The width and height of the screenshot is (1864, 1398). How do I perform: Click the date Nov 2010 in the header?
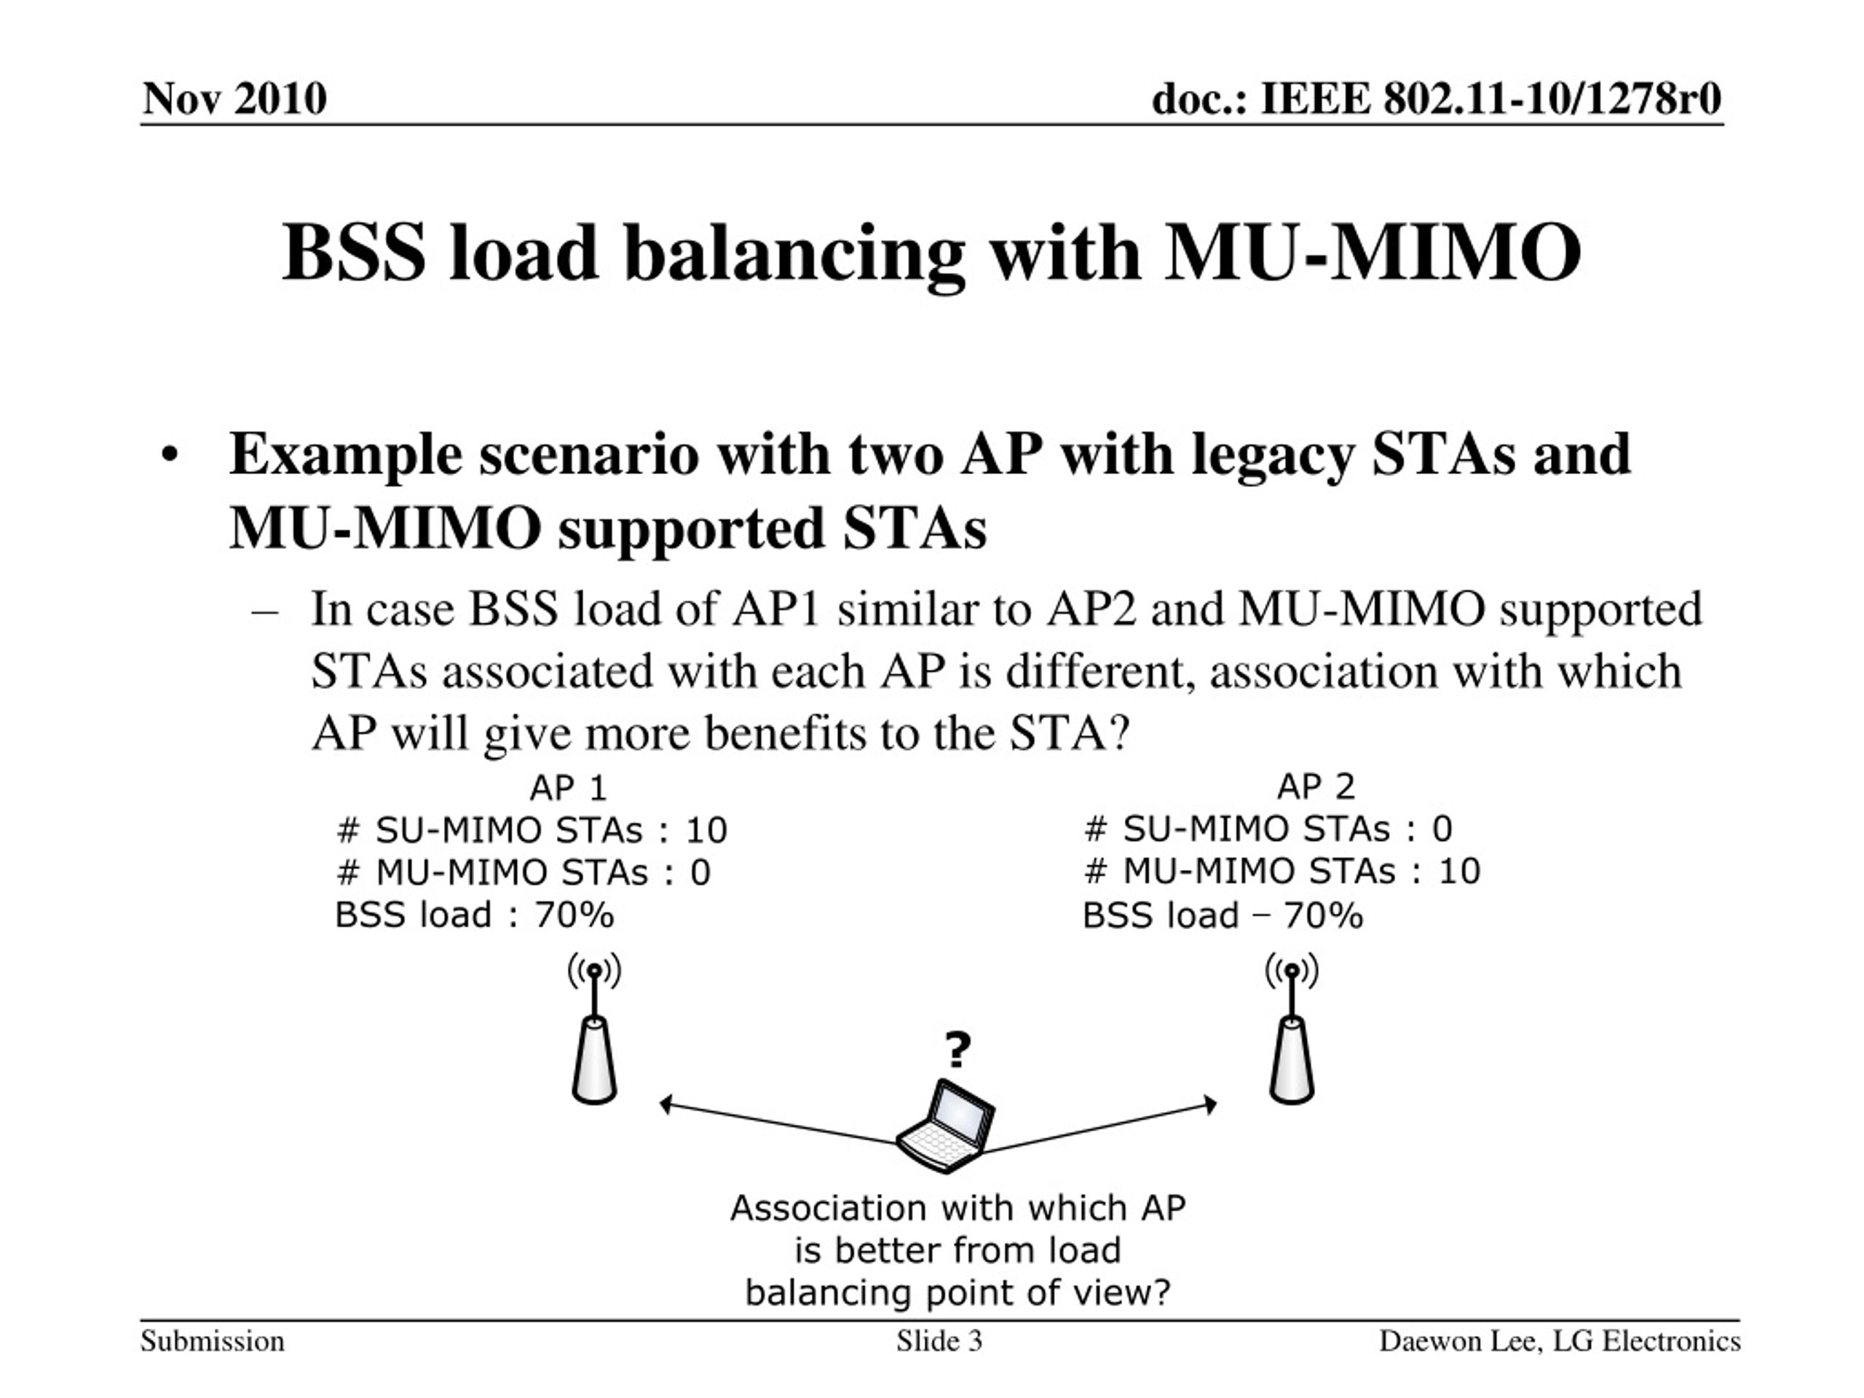(x=234, y=98)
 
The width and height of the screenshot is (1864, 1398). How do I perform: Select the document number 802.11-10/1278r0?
(x=1552, y=98)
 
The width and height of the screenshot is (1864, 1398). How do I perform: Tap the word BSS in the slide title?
(x=354, y=252)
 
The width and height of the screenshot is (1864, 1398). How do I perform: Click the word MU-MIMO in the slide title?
(x=1372, y=252)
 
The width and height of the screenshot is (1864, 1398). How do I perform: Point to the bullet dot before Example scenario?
(x=170, y=455)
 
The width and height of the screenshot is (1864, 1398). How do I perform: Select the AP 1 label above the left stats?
(x=568, y=788)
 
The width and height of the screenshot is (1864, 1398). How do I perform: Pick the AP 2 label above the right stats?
(x=1316, y=786)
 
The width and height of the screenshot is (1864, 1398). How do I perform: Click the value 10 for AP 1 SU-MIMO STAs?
(x=706, y=830)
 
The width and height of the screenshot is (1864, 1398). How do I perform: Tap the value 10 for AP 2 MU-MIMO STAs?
(x=1458, y=871)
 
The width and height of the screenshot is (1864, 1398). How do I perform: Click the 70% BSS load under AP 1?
(x=574, y=915)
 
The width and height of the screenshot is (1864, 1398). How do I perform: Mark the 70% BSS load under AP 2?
(x=1322, y=915)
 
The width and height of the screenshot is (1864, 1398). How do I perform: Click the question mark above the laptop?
(x=957, y=1050)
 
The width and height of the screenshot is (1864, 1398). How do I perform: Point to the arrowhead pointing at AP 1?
(x=665, y=1104)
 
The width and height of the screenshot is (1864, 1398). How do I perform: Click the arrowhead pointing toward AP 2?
(x=1211, y=1104)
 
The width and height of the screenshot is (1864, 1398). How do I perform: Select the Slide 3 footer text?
(x=939, y=1340)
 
